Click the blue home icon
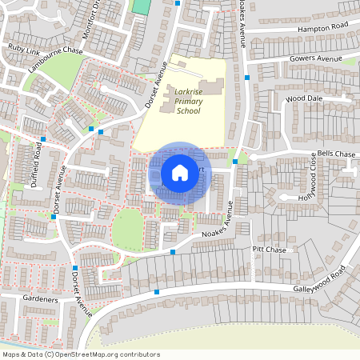[x=180, y=172]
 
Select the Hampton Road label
[x=323, y=26]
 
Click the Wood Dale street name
[x=302, y=98]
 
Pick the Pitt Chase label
[x=269, y=250]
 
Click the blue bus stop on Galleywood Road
[x=157, y=292]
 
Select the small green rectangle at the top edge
[x=141, y=6]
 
